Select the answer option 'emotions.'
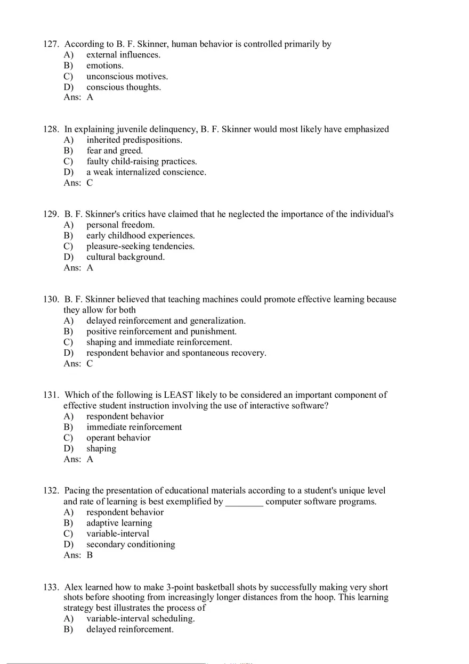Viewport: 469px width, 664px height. click(x=104, y=65)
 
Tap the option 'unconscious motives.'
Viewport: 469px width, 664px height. click(x=127, y=76)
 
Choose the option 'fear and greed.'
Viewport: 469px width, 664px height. click(x=115, y=151)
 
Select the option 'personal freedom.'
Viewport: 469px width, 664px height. click(x=120, y=225)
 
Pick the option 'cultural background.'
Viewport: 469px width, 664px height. click(x=125, y=257)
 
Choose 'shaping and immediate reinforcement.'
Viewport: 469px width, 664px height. click(x=159, y=342)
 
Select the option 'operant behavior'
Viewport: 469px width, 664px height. click(x=118, y=438)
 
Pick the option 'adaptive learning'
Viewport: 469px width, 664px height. click(x=119, y=523)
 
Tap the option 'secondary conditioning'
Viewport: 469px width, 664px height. click(x=131, y=544)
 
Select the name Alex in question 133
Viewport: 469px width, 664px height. click(x=74, y=587)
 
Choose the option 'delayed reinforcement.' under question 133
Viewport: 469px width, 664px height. click(x=130, y=629)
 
